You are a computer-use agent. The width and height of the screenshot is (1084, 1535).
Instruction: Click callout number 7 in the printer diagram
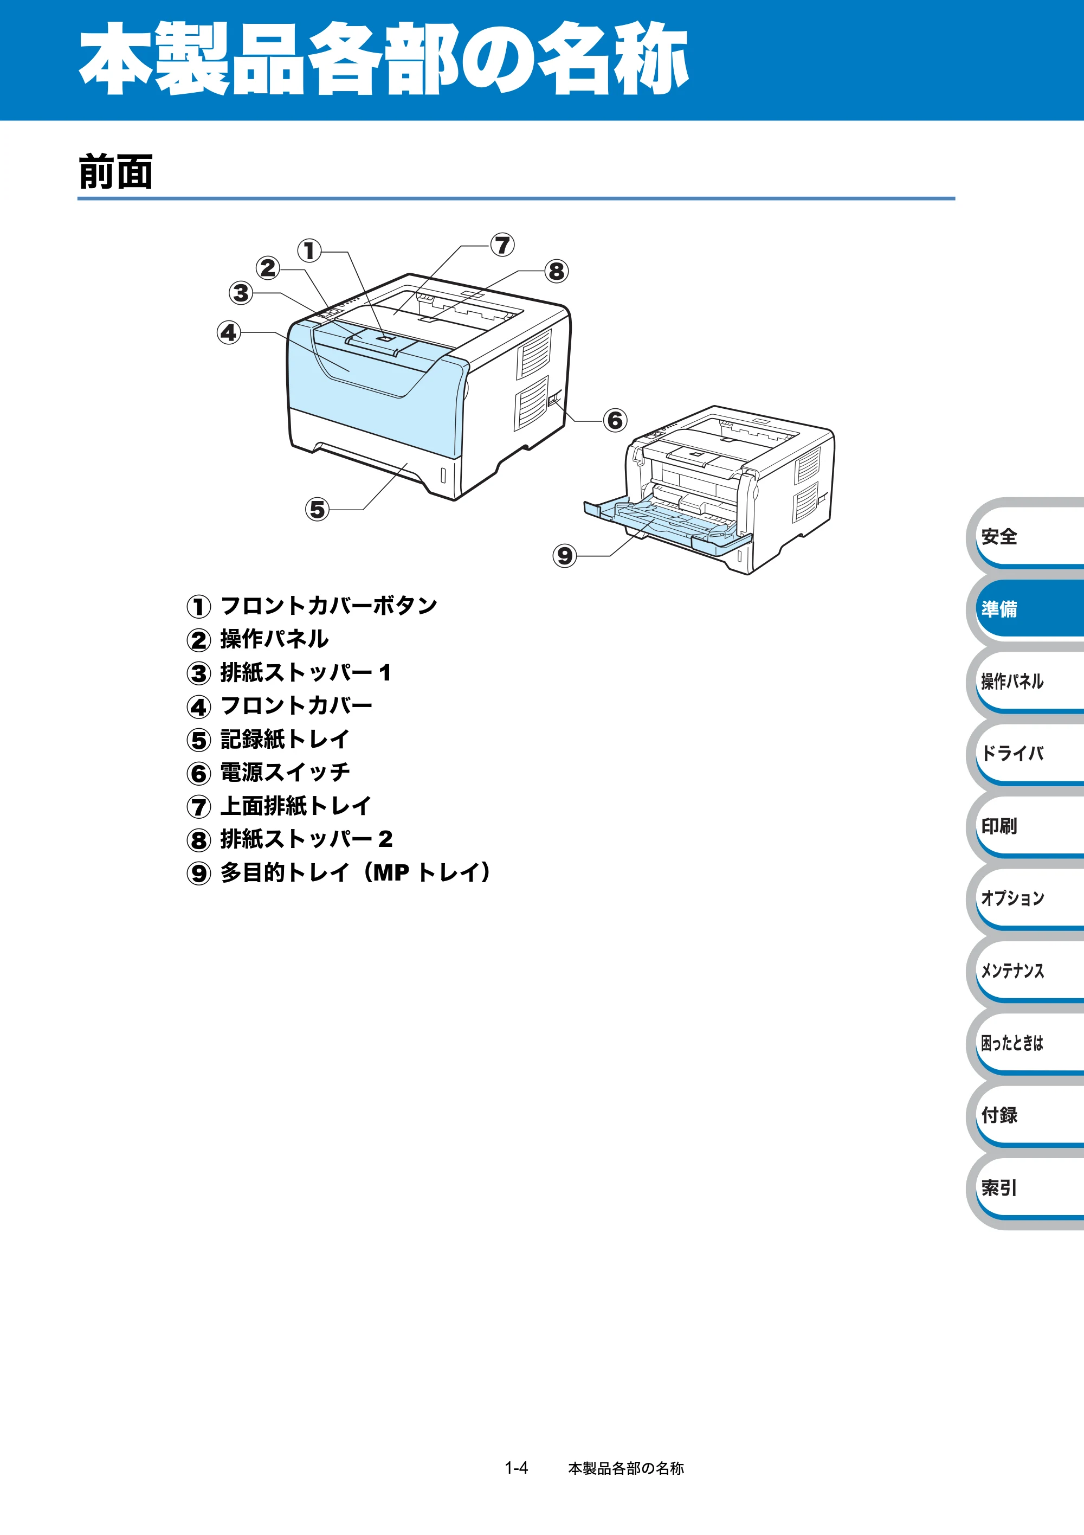[502, 245]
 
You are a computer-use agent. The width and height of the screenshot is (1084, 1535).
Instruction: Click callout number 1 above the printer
[309, 251]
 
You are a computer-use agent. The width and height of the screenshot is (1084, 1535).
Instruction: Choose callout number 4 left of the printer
[229, 332]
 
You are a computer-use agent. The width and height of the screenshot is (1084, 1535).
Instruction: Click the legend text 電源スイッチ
[285, 772]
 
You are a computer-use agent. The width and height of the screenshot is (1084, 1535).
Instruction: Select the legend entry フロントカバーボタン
[328, 606]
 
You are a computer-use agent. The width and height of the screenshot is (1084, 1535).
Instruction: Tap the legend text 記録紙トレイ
[285, 738]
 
